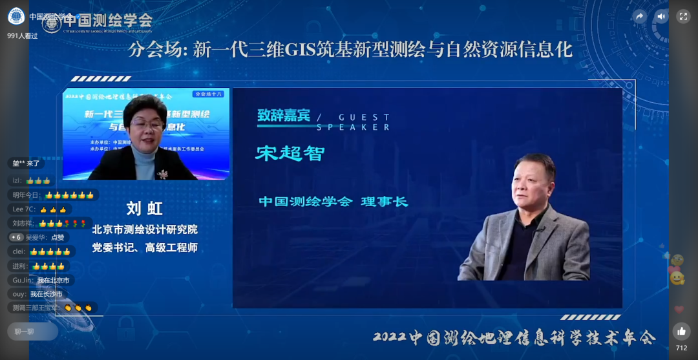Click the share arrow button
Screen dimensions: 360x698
tap(640, 17)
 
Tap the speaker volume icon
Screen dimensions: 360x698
tap(661, 17)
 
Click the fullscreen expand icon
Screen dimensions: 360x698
tap(683, 17)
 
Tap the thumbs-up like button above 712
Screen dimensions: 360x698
tap(681, 332)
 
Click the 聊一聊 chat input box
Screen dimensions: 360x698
tap(32, 332)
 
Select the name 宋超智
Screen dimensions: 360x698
tap(290, 153)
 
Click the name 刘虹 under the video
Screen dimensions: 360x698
tap(144, 208)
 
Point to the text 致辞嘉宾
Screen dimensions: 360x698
tap(283, 116)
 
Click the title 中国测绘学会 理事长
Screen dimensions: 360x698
tap(333, 202)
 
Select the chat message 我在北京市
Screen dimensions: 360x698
tap(53, 280)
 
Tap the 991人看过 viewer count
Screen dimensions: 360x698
tap(23, 36)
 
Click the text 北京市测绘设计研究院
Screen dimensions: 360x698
tap(144, 229)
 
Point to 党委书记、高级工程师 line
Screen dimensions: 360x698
tap(144, 248)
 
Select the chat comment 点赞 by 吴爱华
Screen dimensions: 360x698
tap(58, 237)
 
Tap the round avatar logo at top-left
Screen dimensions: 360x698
tap(16, 16)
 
